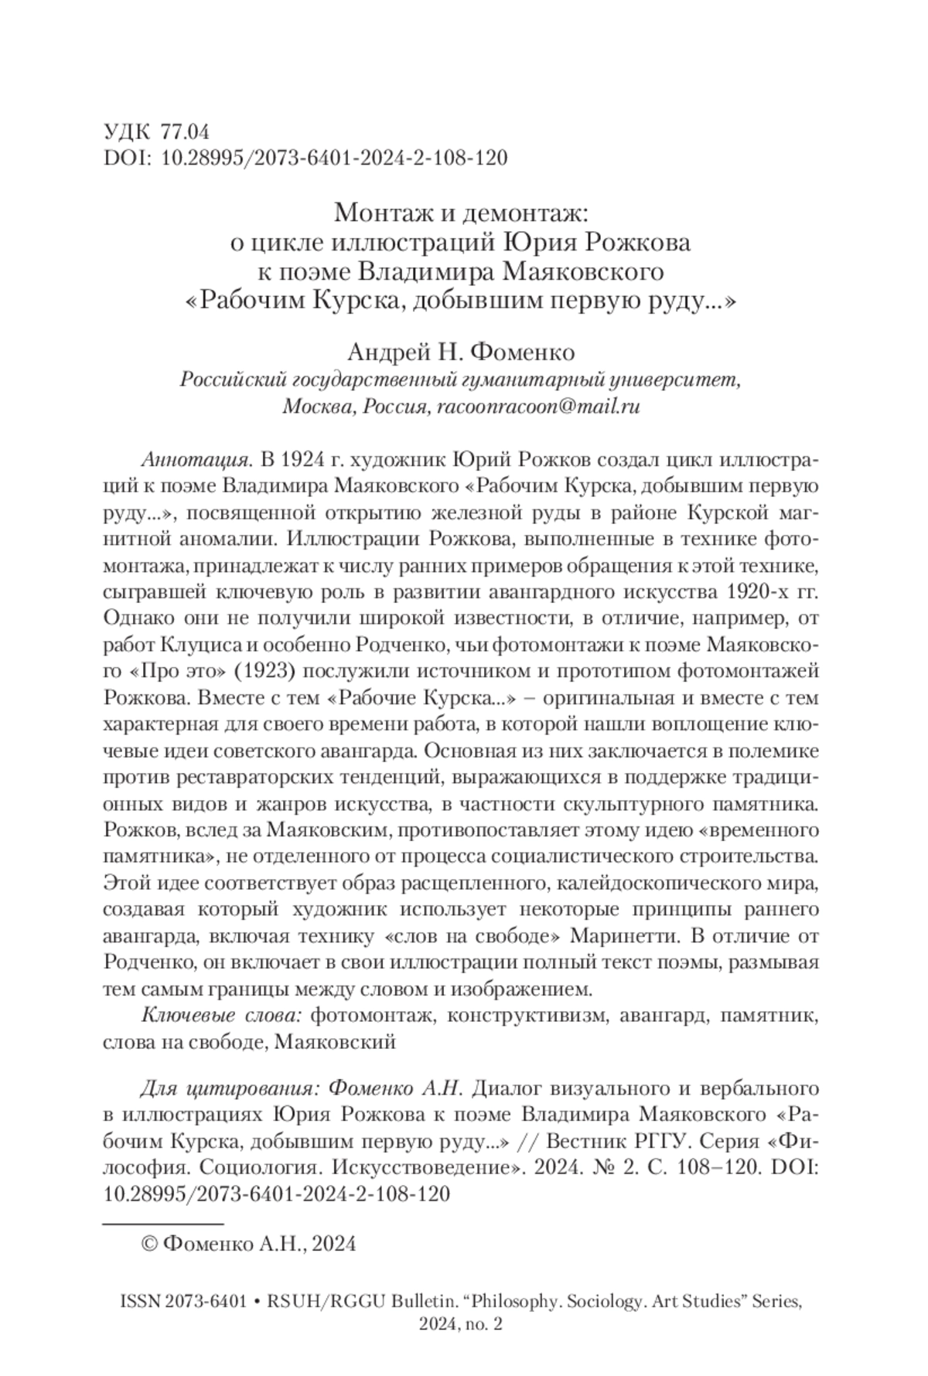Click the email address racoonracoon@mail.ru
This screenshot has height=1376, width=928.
tap(538, 407)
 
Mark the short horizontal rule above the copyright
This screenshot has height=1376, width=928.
tap(162, 1224)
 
